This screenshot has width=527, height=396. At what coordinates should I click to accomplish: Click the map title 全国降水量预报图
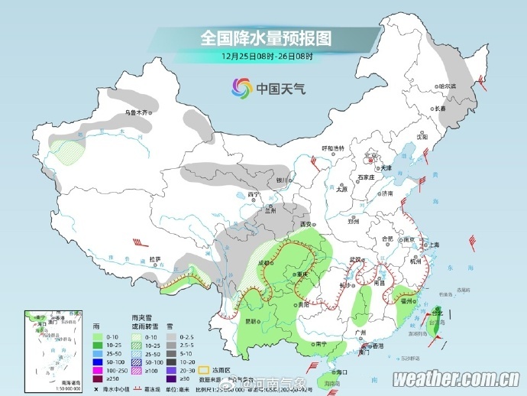coord(267,37)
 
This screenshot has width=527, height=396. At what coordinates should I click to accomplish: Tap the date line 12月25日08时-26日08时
coord(267,57)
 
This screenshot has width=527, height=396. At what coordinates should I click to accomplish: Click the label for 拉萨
coord(156,259)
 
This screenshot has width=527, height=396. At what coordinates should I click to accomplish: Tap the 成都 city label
coord(265,262)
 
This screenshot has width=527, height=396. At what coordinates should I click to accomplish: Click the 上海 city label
coord(434,245)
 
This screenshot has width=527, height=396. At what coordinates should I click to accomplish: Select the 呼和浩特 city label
coord(333,148)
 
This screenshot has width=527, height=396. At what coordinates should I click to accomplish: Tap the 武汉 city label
coord(354,260)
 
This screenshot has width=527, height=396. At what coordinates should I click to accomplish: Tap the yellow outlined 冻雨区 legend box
coord(205,369)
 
